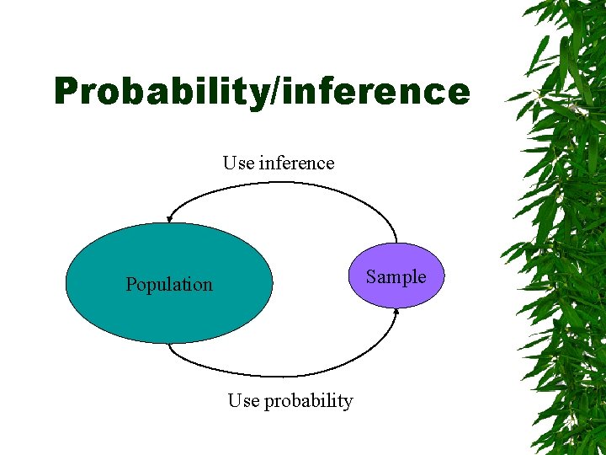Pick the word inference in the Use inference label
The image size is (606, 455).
pos(296,163)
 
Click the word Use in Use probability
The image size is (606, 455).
pos(243,401)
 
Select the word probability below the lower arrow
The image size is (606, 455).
pos(308,402)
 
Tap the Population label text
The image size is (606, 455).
pos(169,285)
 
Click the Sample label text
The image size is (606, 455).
pos(396,277)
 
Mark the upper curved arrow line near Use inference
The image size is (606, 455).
pos(278,184)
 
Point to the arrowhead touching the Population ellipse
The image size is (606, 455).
pos(169,218)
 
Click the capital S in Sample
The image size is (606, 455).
pos(370,277)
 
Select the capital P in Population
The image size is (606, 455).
pos(130,285)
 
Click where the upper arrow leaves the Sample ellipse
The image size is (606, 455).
pos(396,242)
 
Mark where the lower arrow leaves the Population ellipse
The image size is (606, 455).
pos(169,345)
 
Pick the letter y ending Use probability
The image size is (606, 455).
pos(348,403)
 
